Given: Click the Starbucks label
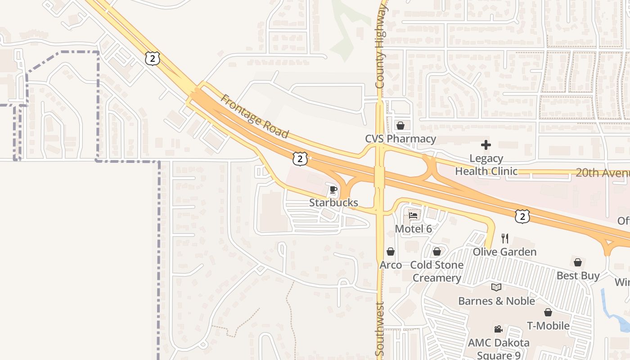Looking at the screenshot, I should pyautogui.click(x=333, y=202).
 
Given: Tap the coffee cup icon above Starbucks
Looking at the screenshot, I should pyautogui.click(x=333, y=189).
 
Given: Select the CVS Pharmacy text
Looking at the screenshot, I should pyautogui.click(x=400, y=139).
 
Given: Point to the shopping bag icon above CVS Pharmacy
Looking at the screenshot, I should pyautogui.click(x=400, y=126).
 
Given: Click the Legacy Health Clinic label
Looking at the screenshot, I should pyautogui.click(x=486, y=165).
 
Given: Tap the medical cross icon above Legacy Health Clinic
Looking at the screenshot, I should pyautogui.click(x=486, y=145).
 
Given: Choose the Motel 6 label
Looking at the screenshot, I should pyautogui.click(x=413, y=229).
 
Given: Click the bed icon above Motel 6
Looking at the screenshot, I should pyautogui.click(x=413, y=216).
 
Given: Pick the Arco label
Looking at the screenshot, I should pyautogui.click(x=391, y=265).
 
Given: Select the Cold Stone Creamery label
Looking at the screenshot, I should pyautogui.click(x=436, y=271).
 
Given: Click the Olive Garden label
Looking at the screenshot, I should pyautogui.click(x=504, y=252).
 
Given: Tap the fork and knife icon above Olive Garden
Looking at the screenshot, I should pyautogui.click(x=505, y=238).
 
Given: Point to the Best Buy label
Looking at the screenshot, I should pyautogui.click(x=578, y=275).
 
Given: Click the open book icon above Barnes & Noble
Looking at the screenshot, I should pyautogui.click(x=496, y=287).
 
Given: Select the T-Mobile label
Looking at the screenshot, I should pyautogui.click(x=548, y=325).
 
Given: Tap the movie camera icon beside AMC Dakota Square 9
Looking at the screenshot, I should pyautogui.click(x=498, y=329).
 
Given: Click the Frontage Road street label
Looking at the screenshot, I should pyautogui.click(x=255, y=116).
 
